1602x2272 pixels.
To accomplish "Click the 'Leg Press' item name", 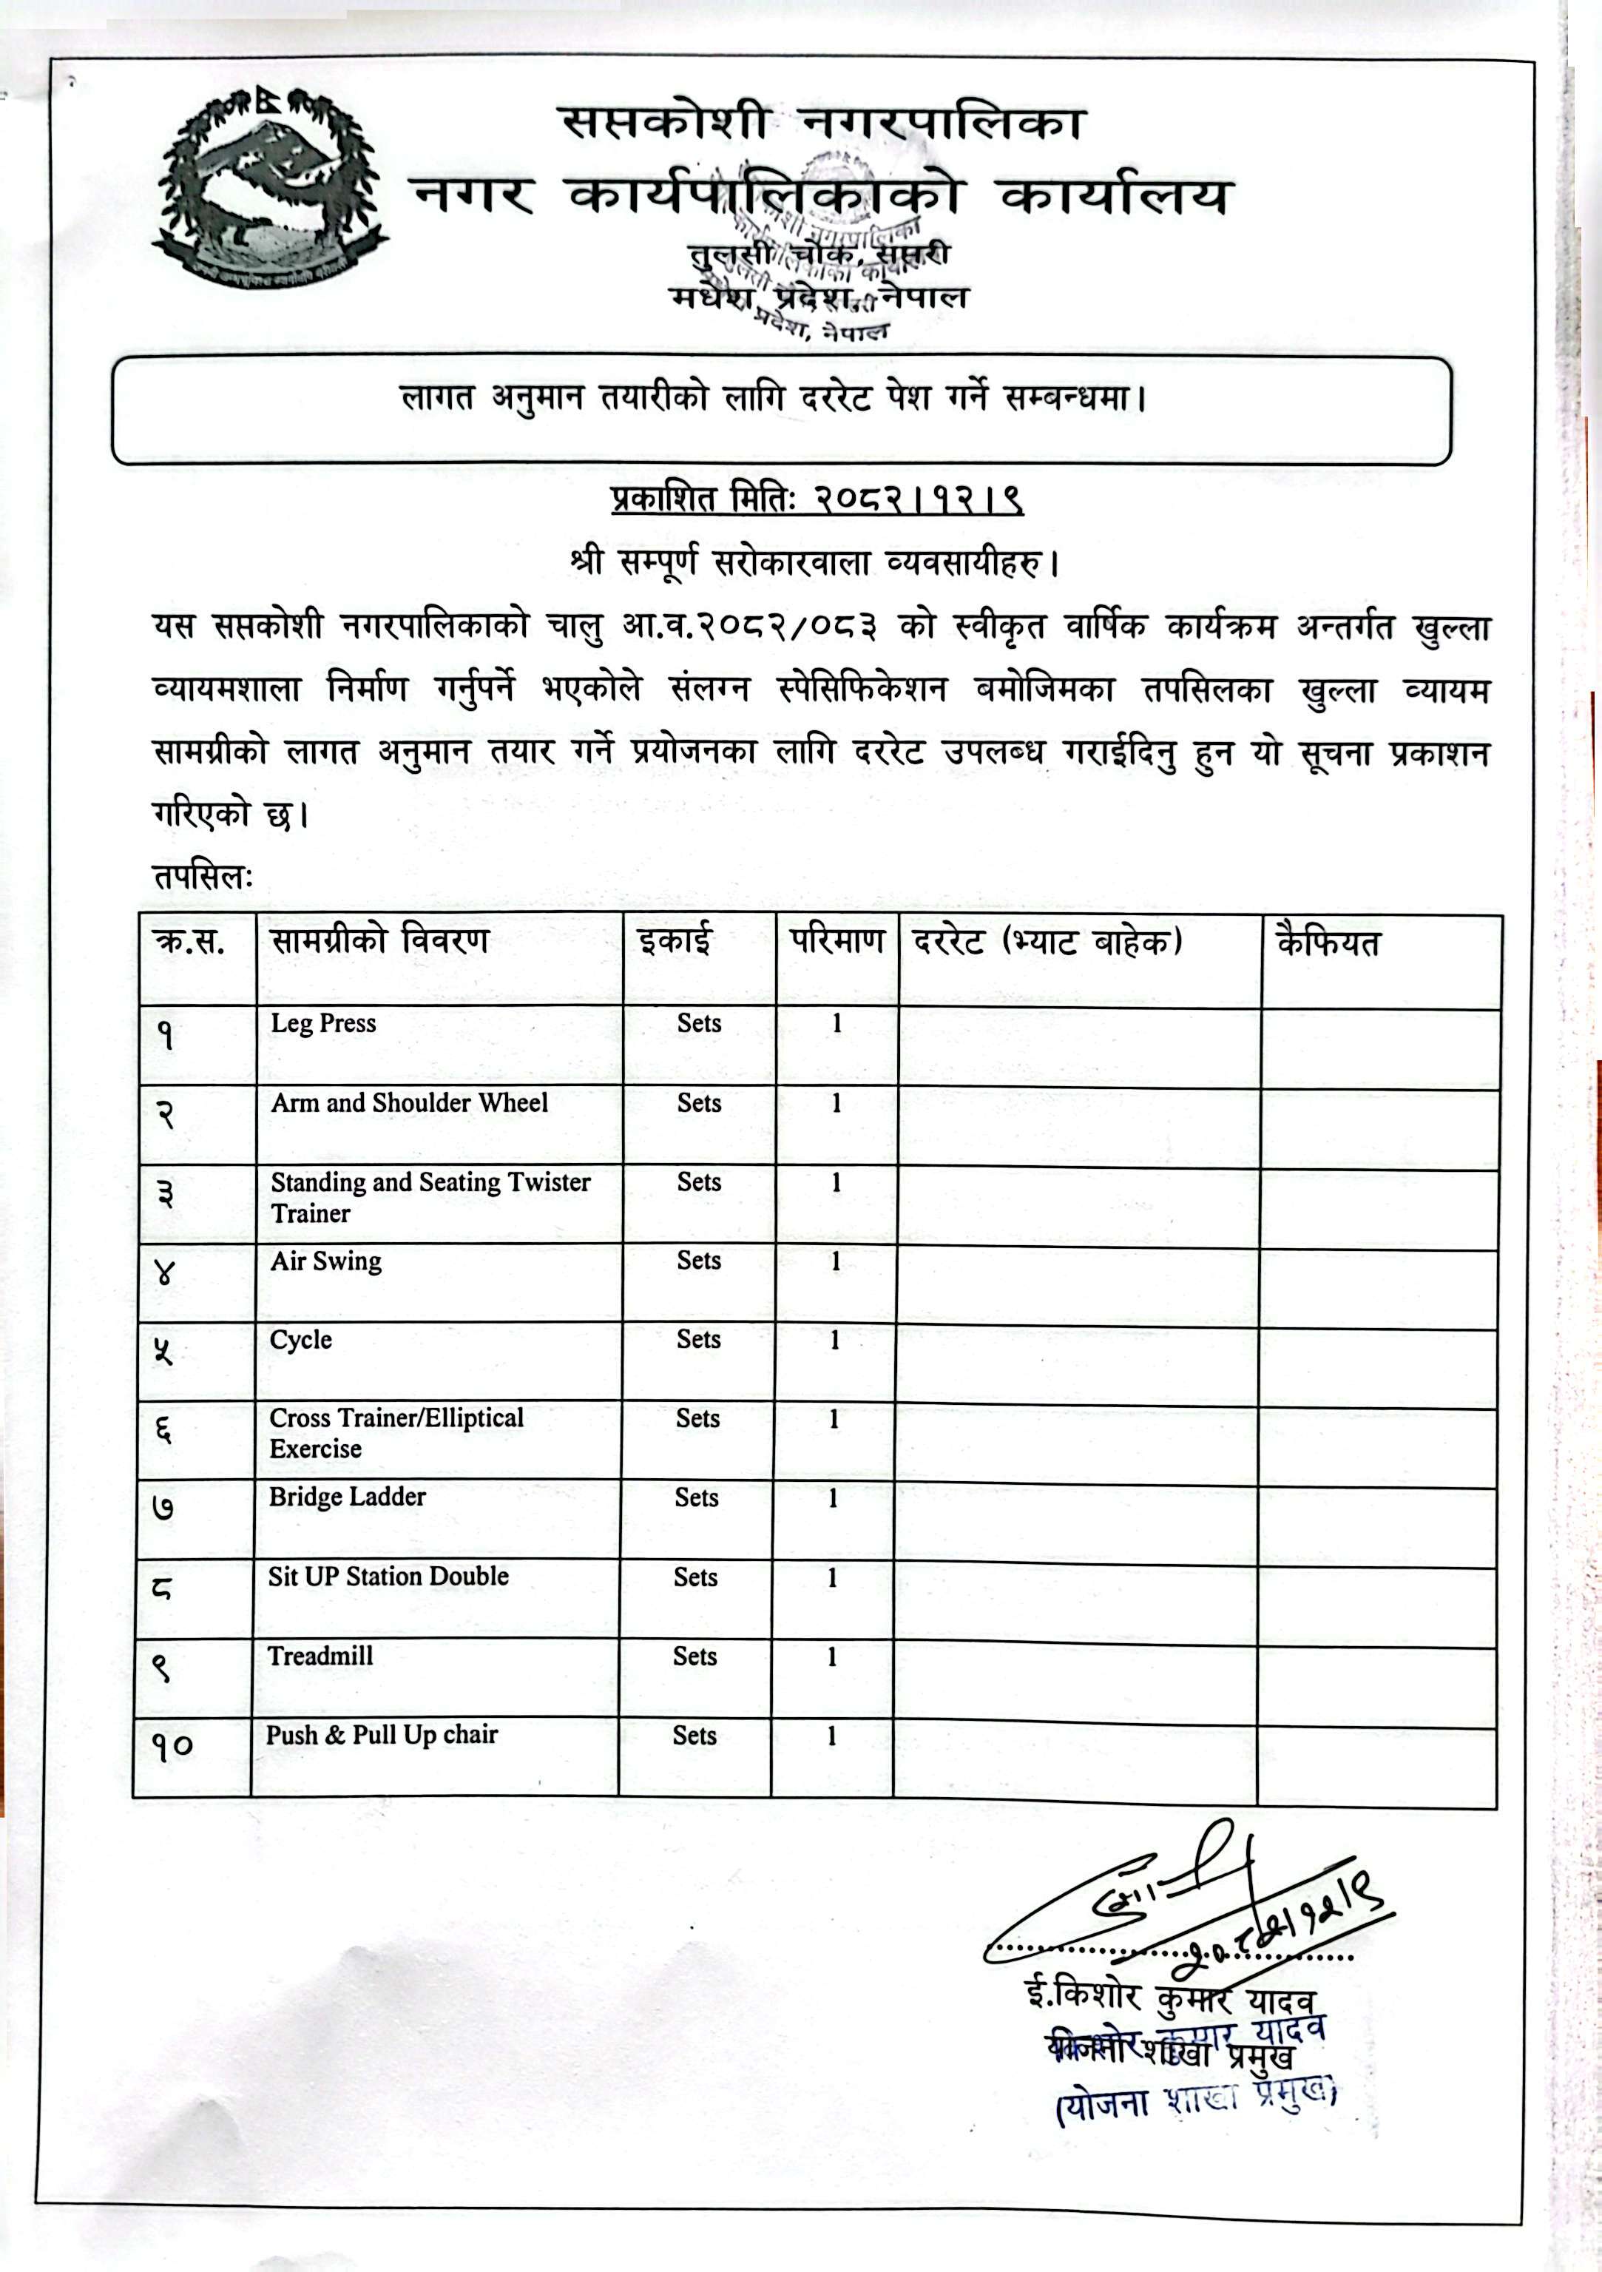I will (x=323, y=1023).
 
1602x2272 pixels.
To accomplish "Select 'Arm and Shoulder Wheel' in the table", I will (x=409, y=1102).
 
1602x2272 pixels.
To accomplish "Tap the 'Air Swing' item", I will (x=325, y=1261).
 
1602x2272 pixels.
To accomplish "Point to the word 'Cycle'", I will (x=301, y=1340).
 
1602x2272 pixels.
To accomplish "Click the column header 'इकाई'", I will (x=674, y=941).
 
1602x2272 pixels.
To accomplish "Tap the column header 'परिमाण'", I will (x=836, y=940).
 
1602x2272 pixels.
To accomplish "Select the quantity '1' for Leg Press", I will (x=836, y=1023).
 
